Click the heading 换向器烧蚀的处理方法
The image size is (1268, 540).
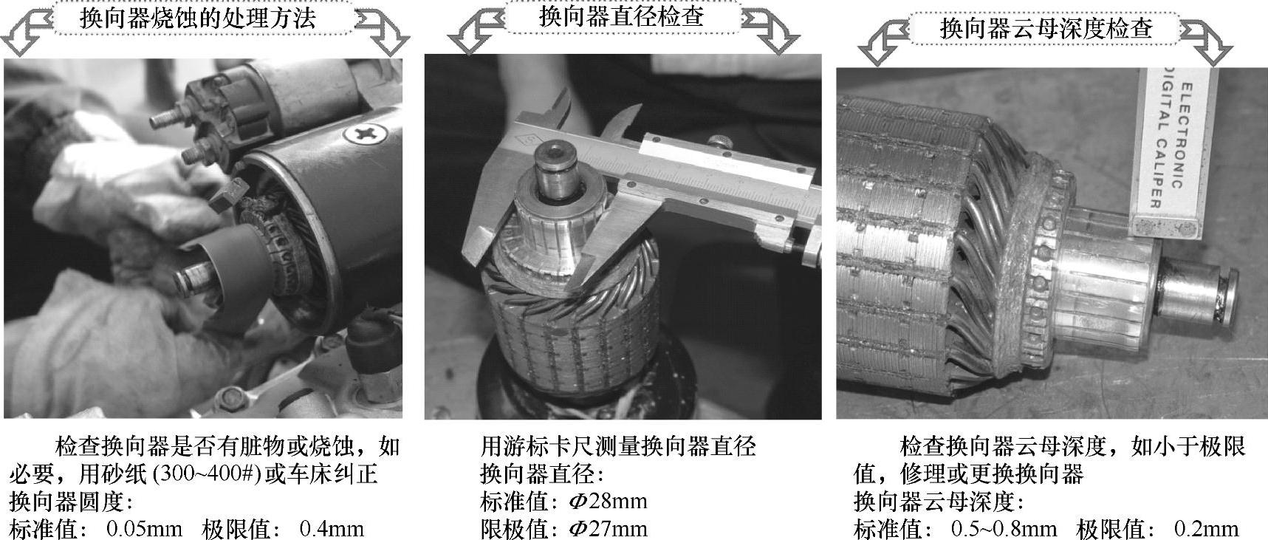pos(197,18)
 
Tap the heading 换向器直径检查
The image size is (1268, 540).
pos(621,17)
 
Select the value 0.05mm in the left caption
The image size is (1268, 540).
pos(144,529)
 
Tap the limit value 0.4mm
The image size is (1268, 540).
pos(332,529)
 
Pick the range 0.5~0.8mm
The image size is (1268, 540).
pos(1004,529)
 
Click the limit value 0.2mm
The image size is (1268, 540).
pos(1206,529)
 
